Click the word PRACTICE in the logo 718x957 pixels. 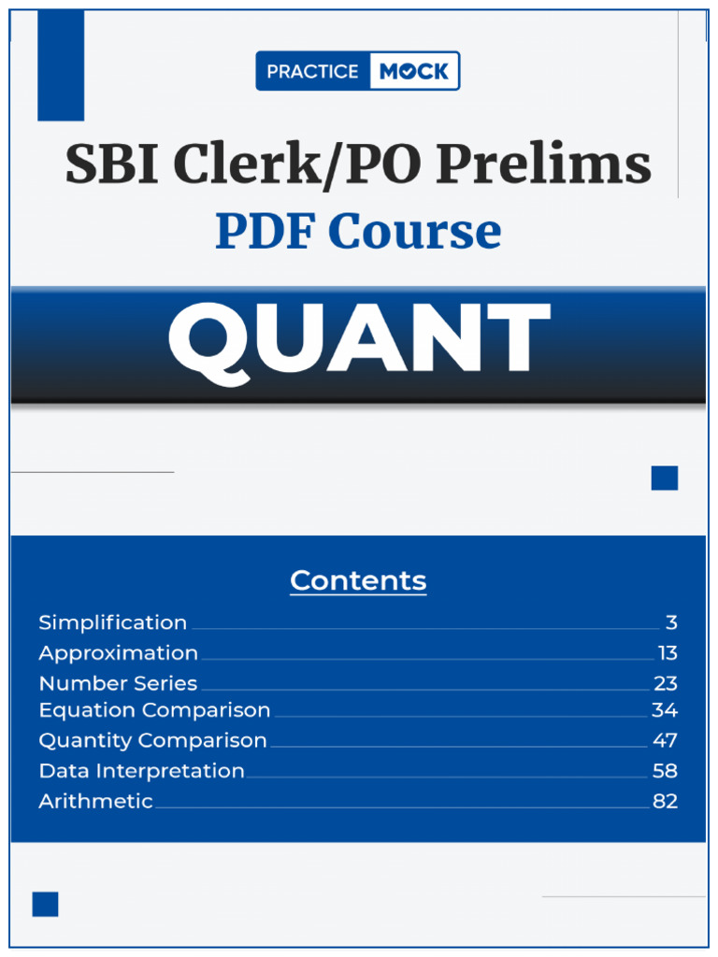tap(312, 72)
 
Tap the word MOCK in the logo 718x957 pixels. tap(414, 72)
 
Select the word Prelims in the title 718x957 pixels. tap(543, 164)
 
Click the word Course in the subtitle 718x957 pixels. tap(414, 231)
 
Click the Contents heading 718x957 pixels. tap(358, 580)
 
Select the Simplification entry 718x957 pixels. tap(113, 622)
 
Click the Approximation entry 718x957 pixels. tap(119, 652)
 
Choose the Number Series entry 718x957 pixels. tap(118, 683)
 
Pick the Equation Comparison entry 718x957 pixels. tap(154, 710)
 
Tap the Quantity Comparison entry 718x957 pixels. tap(152, 740)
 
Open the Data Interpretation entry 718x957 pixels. tap(141, 771)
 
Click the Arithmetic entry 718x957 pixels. tap(95, 801)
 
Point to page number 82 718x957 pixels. tap(665, 801)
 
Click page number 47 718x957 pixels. tap(665, 740)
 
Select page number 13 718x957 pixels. tap(667, 652)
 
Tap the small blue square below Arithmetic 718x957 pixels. tap(45, 904)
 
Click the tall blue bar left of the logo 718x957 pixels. tap(61, 65)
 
